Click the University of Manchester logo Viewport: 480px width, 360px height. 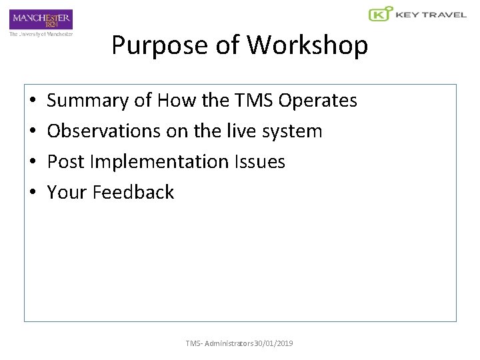tap(41, 22)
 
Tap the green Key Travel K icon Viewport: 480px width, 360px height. tap(379, 15)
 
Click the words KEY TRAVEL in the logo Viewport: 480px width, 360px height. tap(431, 15)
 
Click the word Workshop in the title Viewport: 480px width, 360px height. tap(307, 45)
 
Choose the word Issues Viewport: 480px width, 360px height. tap(261, 162)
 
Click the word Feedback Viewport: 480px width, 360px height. tap(133, 193)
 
